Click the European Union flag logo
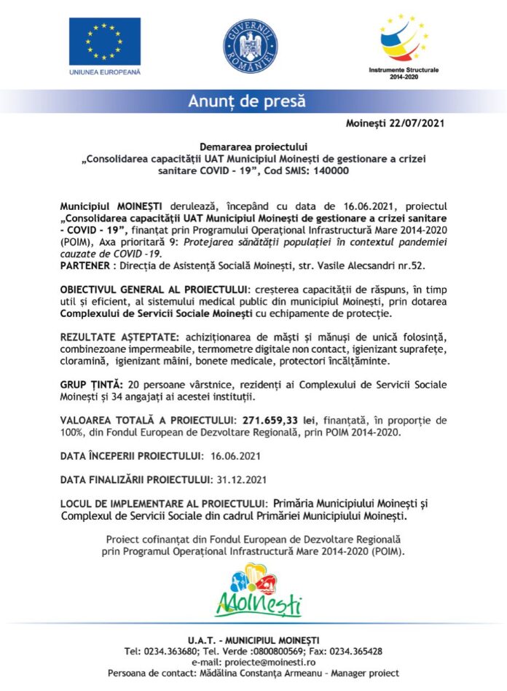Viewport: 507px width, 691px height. coord(105,42)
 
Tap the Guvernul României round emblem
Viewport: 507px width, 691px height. coord(250,46)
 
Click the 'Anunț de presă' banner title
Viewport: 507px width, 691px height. coord(247,101)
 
